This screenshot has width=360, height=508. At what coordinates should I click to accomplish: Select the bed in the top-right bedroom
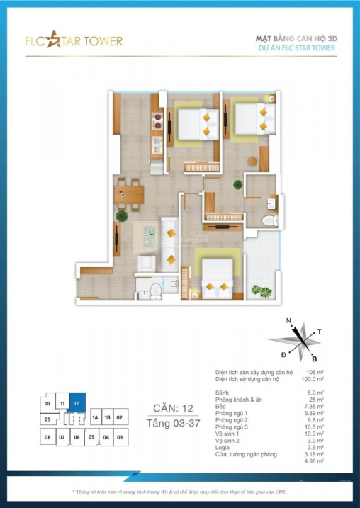coord(254,118)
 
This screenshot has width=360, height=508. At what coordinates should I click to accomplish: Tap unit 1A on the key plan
coord(94,418)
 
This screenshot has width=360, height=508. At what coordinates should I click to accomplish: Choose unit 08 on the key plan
coord(47,437)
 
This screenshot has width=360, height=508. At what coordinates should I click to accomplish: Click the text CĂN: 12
coord(173,408)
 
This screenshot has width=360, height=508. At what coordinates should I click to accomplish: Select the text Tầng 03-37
coord(173,423)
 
